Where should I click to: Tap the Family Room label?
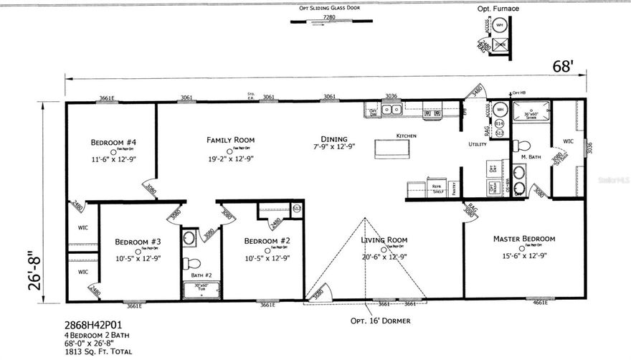point(230,140)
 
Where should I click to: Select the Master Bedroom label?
point(523,238)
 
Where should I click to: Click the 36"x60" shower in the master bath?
point(529,117)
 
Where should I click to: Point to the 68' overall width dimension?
point(562,67)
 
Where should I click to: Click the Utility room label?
point(478,144)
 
